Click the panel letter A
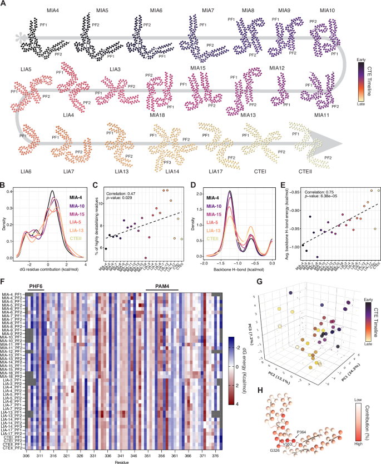pyautogui.click(x=4, y=4)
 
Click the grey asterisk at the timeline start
pyautogui.click(x=22, y=38)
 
